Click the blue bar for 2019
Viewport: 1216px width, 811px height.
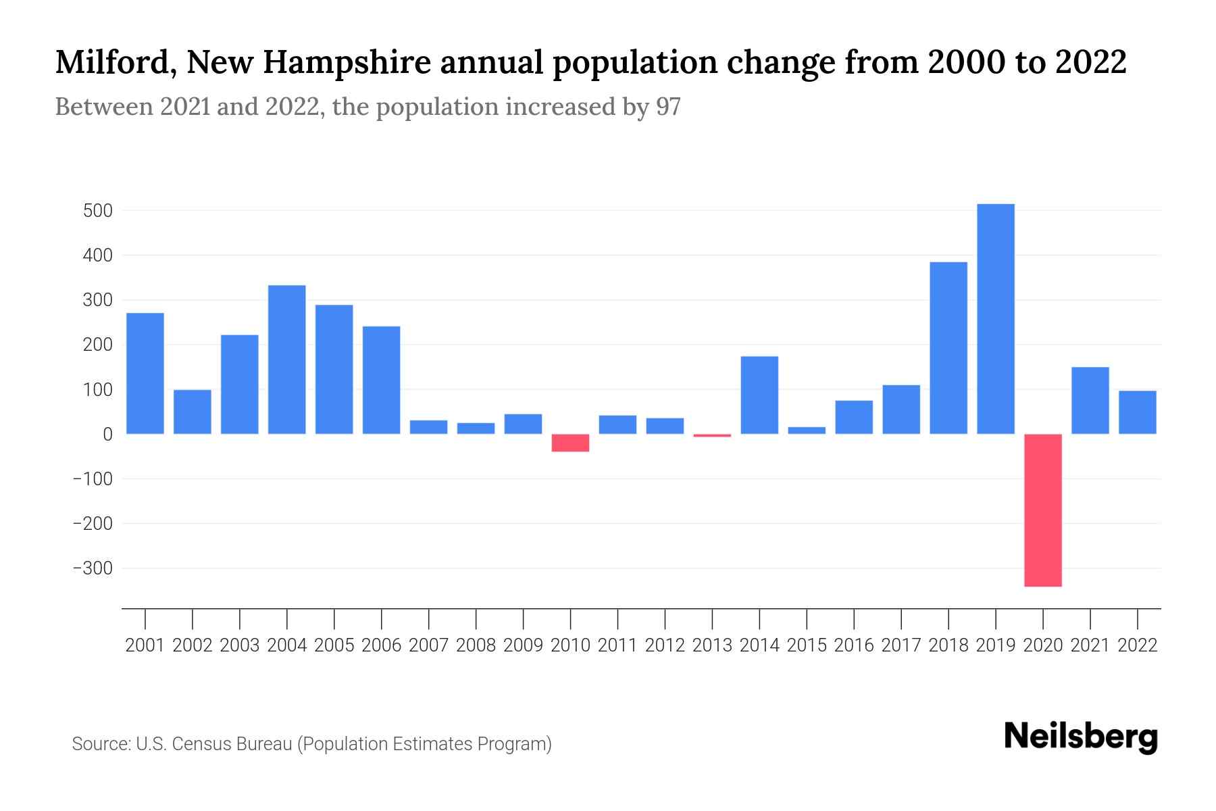pos(995,319)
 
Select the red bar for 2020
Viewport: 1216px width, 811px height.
pos(1042,510)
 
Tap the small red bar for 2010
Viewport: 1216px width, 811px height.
pos(570,443)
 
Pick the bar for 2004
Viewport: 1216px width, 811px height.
pos(286,360)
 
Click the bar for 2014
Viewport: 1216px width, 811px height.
pos(759,395)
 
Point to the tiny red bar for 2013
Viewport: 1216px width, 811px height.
pos(712,435)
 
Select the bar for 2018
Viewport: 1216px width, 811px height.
pos(948,347)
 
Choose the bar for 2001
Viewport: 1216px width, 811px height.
pos(145,373)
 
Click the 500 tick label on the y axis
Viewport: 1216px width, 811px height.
pos(97,211)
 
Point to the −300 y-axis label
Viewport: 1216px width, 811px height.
pos(93,568)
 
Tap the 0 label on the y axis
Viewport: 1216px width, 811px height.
pos(107,435)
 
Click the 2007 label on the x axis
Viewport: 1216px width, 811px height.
pos(428,645)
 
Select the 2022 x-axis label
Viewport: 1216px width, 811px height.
pos(1137,645)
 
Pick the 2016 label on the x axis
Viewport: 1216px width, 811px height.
pos(854,645)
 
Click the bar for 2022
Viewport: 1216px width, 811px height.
pos(1137,412)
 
